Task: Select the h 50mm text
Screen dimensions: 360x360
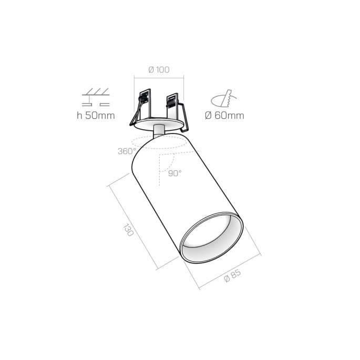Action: pyautogui.click(x=95, y=116)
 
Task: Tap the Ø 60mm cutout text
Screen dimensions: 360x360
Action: pyautogui.click(x=224, y=116)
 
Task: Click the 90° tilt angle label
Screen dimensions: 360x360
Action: pyautogui.click(x=174, y=173)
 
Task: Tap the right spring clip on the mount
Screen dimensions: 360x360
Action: pyautogui.click(x=173, y=108)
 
